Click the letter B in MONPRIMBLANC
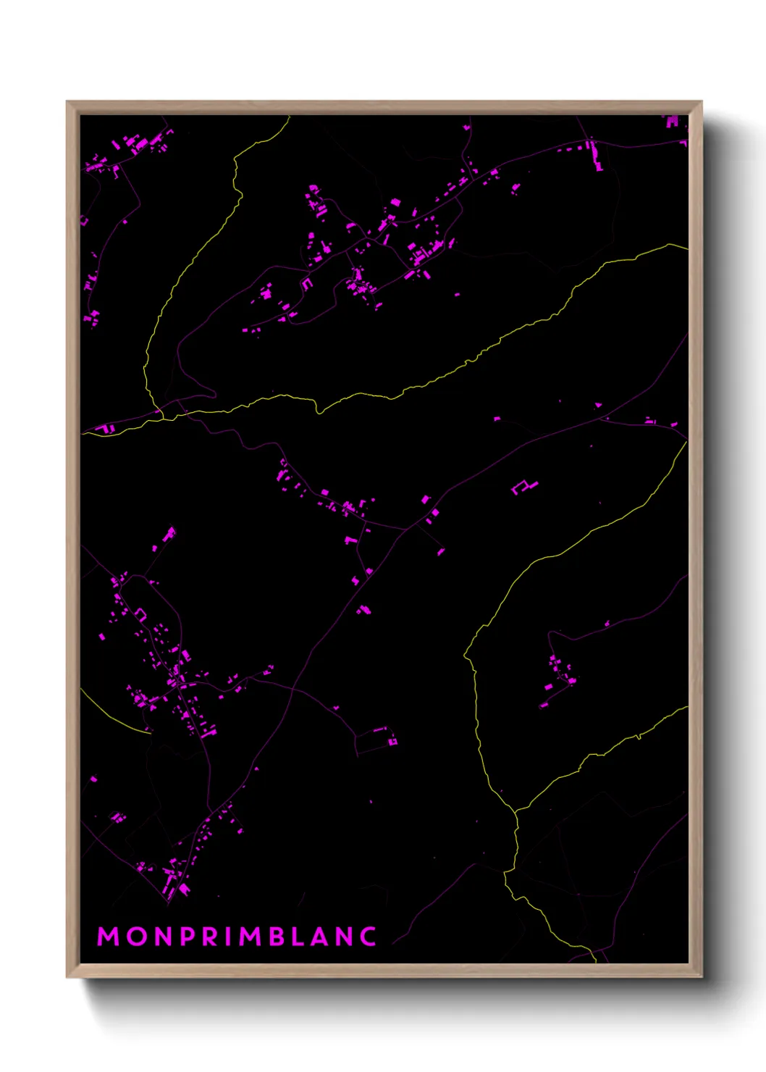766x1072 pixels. click(x=277, y=937)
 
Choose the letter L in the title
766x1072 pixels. click(x=300, y=937)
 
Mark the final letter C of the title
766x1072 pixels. click(x=369, y=937)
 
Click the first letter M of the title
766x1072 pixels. click(x=109, y=937)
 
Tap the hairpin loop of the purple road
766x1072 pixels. click(x=211, y=393)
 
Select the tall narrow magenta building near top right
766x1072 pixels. click(x=597, y=155)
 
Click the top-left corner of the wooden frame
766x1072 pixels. click(x=67, y=102)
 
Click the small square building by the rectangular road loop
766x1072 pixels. click(x=392, y=741)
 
